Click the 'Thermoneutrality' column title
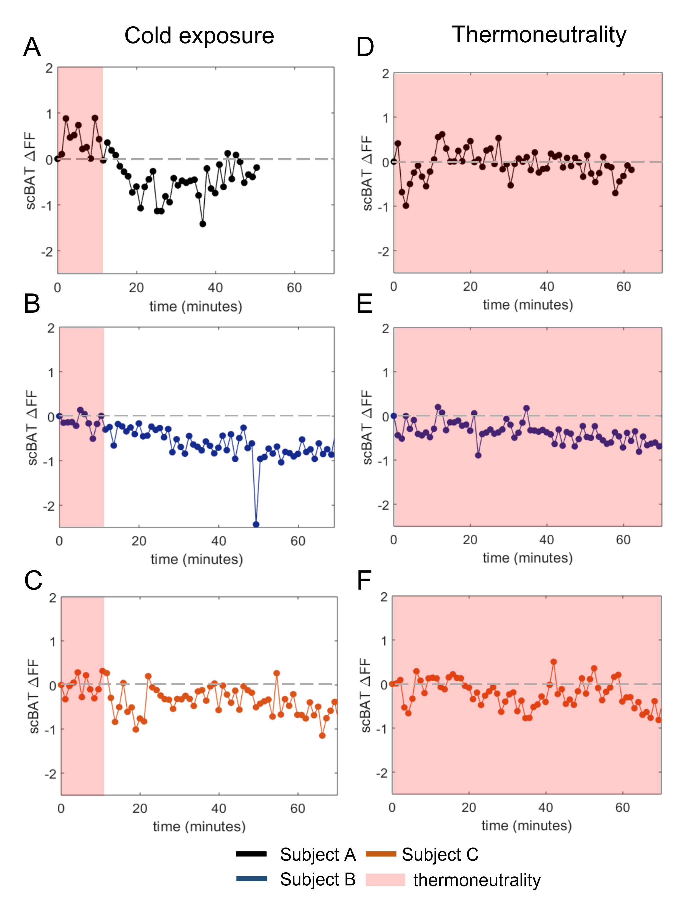click(539, 35)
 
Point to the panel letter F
click(364, 581)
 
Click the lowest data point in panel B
click(256, 524)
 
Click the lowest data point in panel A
click(202, 224)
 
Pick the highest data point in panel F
click(554, 662)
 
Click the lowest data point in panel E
click(478, 455)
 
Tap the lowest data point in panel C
click(322, 735)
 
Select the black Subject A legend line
click(251, 854)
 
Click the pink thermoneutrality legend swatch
click(385, 880)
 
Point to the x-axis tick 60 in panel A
click(294, 288)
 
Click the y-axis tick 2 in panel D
click(385, 74)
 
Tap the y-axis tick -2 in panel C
click(50, 774)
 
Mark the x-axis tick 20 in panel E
click(470, 540)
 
